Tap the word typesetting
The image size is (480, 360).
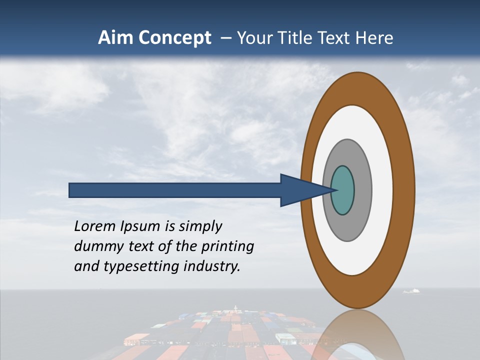(x=140, y=267)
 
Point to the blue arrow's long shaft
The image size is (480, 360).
(x=175, y=190)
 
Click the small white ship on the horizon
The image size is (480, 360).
(x=411, y=290)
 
